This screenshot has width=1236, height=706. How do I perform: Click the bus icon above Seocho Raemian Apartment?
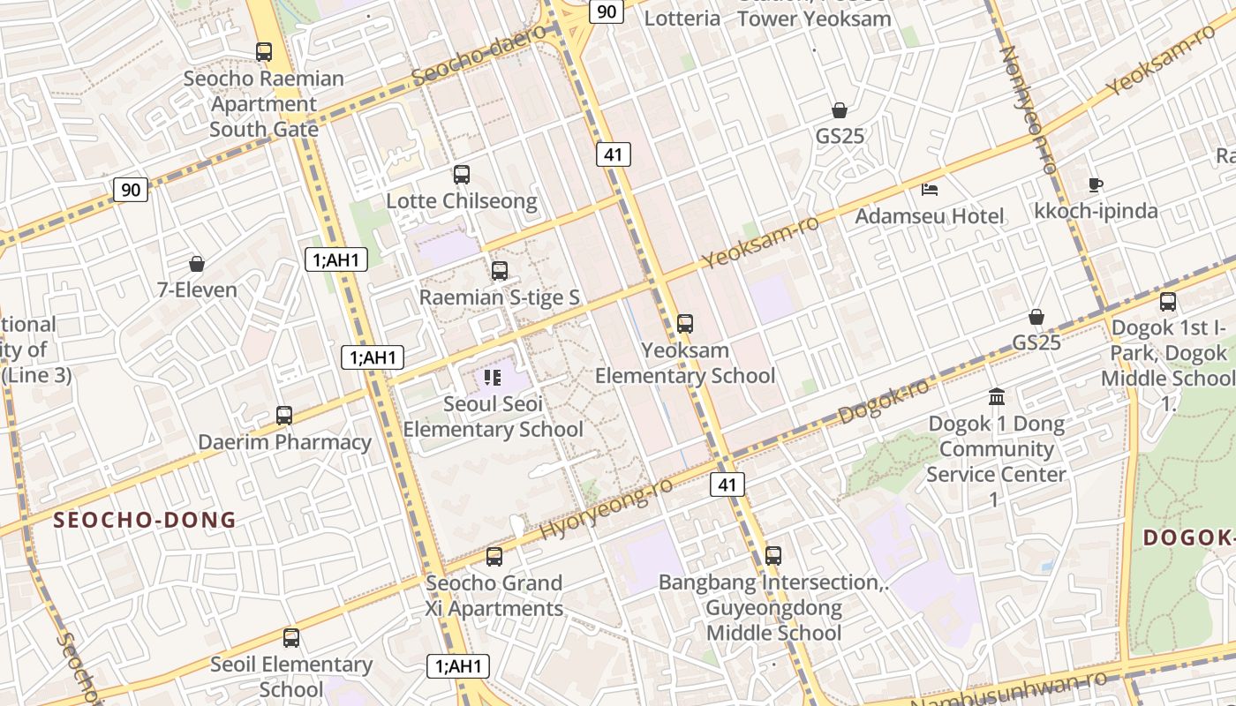click(x=264, y=52)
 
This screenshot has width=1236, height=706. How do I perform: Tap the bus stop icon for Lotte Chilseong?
click(x=462, y=175)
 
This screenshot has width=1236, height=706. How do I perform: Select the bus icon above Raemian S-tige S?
click(x=500, y=271)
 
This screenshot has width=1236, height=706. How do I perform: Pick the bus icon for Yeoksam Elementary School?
click(x=685, y=324)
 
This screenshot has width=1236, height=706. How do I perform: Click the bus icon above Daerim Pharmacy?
click(x=284, y=416)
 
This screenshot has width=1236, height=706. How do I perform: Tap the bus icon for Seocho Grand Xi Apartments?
click(x=494, y=557)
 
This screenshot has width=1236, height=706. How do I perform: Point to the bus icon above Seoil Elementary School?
click(x=290, y=638)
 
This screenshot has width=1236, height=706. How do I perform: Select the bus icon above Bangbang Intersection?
click(x=773, y=556)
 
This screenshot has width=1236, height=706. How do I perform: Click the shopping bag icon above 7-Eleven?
click(x=197, y=264)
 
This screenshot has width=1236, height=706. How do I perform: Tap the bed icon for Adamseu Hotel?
click(x=930, y=189)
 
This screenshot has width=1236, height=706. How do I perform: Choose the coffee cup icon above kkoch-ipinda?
click(x=1096, y=184)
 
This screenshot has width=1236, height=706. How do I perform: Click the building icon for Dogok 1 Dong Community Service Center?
click(x=997, y=397)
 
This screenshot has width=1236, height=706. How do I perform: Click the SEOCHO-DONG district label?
click(x=145, y=520)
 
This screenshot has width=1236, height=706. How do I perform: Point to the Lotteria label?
click(x=682, y=18)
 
